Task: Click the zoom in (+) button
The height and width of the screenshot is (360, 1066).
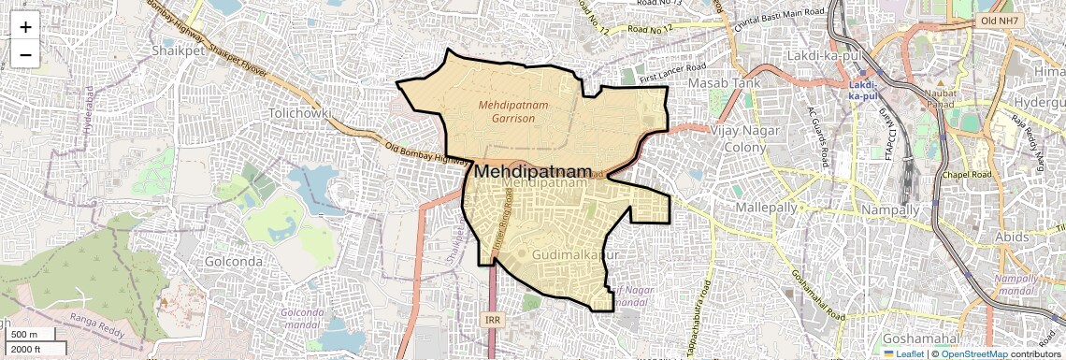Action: [x=25, y=26]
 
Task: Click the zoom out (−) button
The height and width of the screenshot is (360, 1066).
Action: [x=25, y=54]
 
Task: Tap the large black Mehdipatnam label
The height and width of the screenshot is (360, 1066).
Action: [x=534, y=172]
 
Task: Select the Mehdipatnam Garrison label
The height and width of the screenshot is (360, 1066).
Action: [x=513, y=112]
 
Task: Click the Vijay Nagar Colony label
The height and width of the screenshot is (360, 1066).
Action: [x=745, y=138]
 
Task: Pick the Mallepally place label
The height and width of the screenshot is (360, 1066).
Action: [x=767, y=205]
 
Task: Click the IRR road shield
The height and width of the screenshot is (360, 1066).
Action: [x=494, y=320]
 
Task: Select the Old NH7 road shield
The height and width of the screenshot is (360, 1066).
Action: [x=1001, y=20]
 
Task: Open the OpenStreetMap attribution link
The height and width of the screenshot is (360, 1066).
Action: [x=973, y=353]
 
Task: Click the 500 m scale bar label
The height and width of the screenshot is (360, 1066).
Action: [x=25, y=335]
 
